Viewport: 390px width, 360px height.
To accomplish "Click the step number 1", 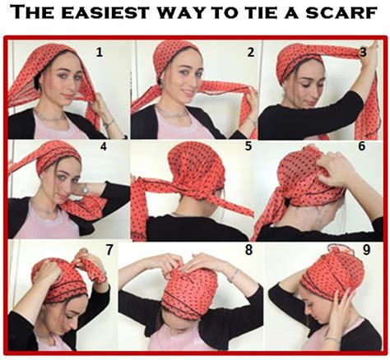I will [100, 53].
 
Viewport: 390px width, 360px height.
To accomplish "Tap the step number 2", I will [228, 53].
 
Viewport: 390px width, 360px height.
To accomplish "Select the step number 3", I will [362, 53].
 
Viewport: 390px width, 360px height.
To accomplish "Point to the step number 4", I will [104, 149].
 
